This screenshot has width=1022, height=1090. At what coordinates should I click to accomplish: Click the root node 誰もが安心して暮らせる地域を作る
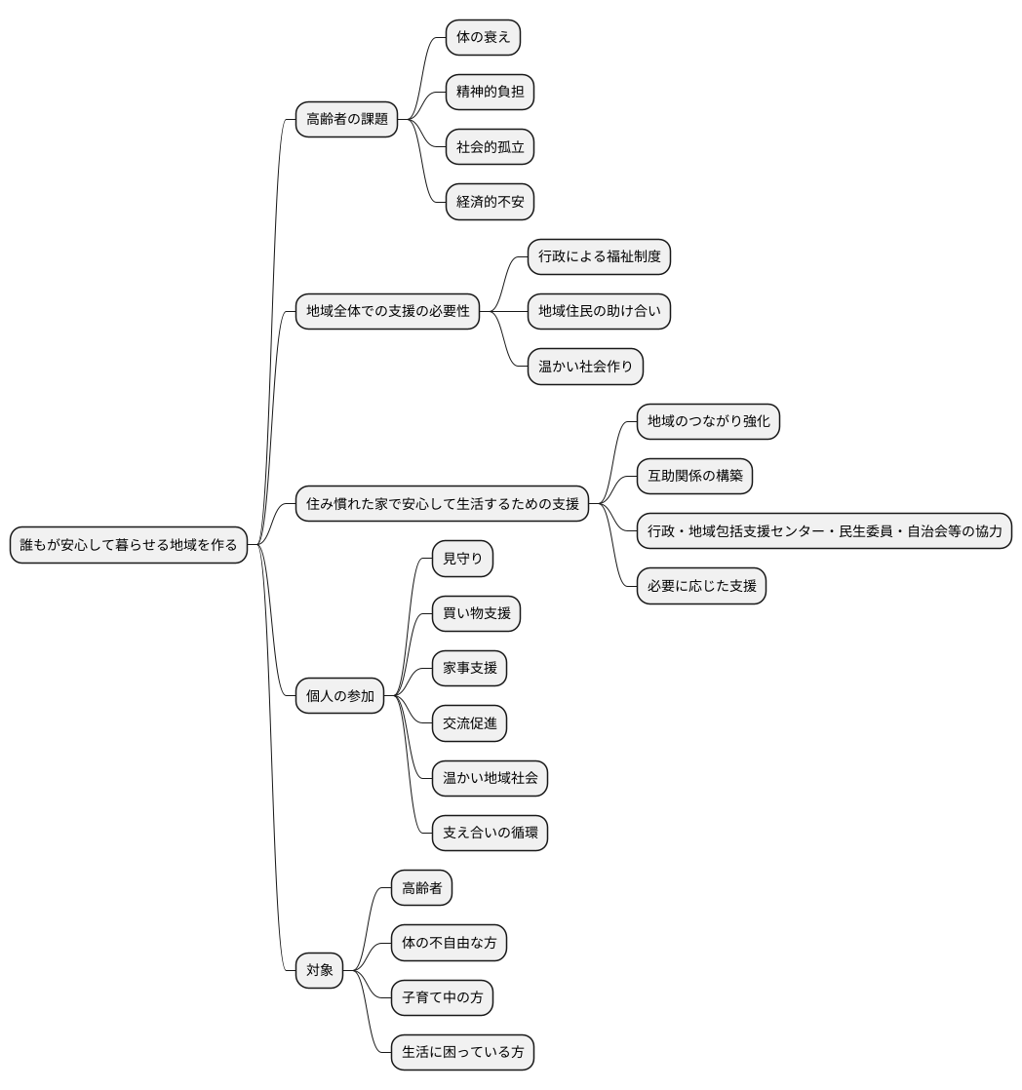click(129, 545)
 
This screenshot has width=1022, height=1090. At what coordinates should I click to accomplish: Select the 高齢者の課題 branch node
click(347, 120)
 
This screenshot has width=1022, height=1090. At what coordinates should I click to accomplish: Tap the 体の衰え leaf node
click(483, 38)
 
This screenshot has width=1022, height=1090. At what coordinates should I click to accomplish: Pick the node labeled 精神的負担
click(491, 92)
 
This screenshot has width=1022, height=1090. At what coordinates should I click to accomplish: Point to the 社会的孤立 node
click(491, 146)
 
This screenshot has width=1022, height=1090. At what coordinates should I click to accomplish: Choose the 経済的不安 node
click(491, 202)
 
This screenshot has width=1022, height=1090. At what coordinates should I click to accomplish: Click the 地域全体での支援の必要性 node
click(388, 311)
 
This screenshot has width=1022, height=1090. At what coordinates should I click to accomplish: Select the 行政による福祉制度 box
click(600, 256)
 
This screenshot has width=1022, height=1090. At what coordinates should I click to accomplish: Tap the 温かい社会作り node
click(585, 367)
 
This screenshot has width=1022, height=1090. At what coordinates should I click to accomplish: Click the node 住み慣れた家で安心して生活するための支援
click(443, 504)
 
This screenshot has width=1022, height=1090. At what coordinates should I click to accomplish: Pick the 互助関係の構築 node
click(695, 476)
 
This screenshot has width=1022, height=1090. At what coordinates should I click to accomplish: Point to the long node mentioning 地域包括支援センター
click(825, 531)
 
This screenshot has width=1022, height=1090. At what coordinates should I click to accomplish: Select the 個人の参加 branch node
click(340, 696)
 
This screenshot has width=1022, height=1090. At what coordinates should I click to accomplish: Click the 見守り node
click(463, 559)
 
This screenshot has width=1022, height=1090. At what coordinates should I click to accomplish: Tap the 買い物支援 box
click(476, 614)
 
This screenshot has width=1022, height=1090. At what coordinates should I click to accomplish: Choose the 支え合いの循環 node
click(491, 833)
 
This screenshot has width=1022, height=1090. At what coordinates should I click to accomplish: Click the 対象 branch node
click(320, 970)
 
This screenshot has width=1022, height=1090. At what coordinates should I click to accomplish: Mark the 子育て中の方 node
click(442, 997)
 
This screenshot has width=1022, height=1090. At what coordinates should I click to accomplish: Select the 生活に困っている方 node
click(463, 1052)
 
